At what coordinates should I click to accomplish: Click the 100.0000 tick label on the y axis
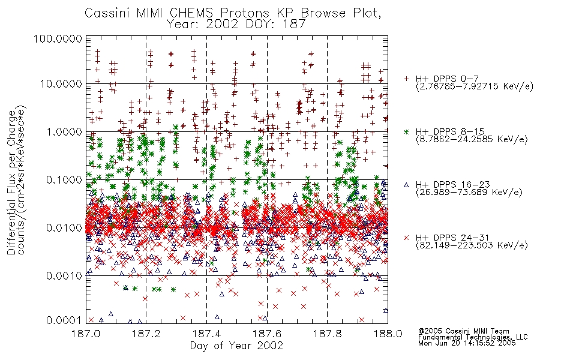[x=58, y=38]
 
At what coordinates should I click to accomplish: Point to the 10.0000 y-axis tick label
[x=61, y=84]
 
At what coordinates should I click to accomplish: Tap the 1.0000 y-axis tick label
[x=64, y=131]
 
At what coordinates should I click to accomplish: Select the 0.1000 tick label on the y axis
[x=64, y=179]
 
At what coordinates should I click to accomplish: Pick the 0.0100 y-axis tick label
[x=64, y=228]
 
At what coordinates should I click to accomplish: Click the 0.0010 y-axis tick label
[x=64, y=276]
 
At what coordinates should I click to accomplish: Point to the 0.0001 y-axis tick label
[x=64, y=320]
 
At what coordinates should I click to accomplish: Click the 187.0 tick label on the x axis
[x=86, y=334]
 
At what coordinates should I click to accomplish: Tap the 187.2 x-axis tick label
[x=146, y=334]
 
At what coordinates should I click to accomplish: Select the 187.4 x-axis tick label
[x=206, y=334]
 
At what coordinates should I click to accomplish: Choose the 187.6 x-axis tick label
[x=267, y=334]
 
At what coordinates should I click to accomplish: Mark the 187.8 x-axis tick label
[x=327, y=334]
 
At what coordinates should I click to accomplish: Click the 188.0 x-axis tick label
[x=388, y=334]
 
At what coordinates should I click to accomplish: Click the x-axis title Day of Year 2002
[x=236, y=346]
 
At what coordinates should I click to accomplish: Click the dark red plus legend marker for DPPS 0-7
[x=406, y=79]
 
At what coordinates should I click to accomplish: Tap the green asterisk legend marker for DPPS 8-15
[x=406, y=131]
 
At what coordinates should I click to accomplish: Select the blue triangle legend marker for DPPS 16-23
[x=406, y=185]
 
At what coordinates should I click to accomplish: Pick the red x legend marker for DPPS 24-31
[x=406, y=238]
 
